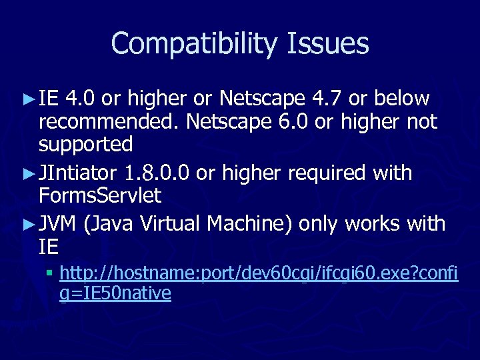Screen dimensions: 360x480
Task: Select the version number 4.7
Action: click(327, 99)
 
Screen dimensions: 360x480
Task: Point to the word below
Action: click(402, 99)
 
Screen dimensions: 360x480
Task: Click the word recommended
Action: click(108, 121)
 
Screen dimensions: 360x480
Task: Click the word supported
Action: click(85, 144)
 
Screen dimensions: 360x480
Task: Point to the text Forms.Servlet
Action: click(100, 196)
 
